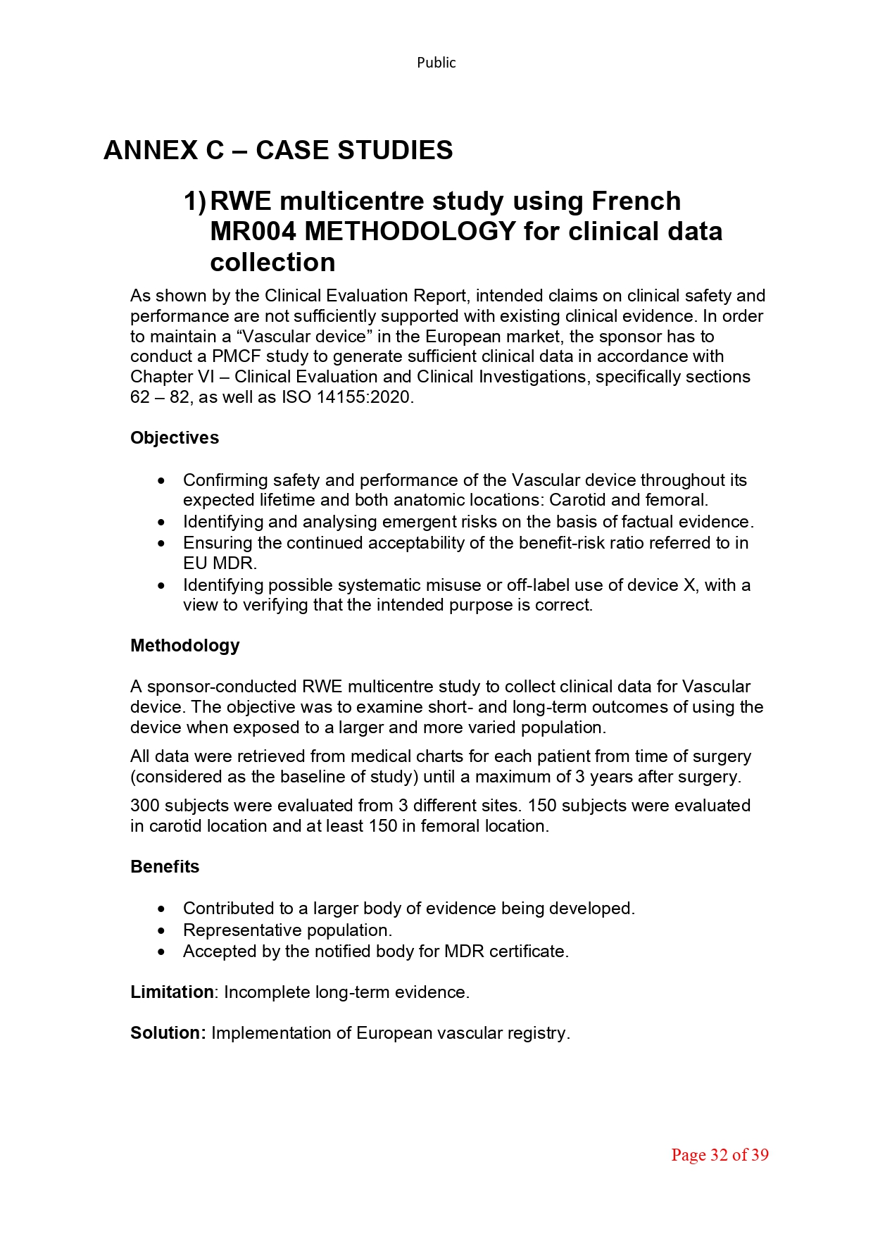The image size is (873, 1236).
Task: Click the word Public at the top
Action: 436,63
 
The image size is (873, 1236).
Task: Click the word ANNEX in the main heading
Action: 151,150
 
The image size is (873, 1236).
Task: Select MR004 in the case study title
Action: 253,232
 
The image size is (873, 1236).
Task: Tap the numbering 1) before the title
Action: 195,201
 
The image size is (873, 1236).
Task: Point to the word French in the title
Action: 636,201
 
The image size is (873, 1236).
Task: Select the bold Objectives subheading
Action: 175,438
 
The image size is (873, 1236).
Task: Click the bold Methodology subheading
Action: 185,646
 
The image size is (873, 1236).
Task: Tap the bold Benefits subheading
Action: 165,867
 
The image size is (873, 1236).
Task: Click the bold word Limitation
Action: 172,992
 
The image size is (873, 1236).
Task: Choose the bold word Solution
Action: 166,1033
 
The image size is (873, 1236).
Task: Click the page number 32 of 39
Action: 720,1155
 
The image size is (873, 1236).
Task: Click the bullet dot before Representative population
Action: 162,930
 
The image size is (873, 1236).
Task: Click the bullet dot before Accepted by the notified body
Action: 162,951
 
